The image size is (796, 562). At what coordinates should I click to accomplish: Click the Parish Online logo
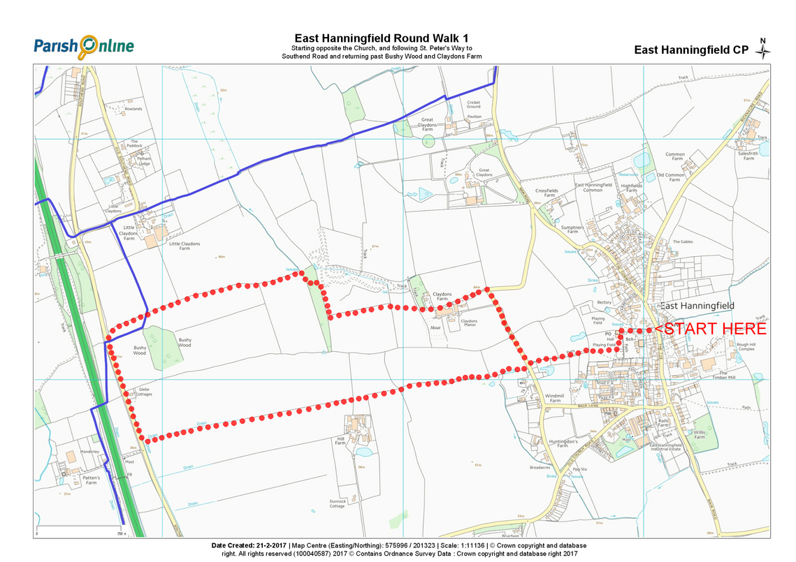click(x=83, y=46)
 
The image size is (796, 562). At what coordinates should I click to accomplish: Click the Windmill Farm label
click(x=553, y=398)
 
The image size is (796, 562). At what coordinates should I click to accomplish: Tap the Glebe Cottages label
click(x=145, y=392)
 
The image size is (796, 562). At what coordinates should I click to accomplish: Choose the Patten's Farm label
click(x=92, y=480)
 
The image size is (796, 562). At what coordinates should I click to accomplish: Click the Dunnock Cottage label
click(x=338, y=503)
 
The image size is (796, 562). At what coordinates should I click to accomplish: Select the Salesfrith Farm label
click(x=748, y=156)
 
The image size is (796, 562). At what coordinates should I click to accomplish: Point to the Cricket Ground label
click(x=474, y=105)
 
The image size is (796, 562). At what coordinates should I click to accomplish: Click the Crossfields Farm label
click(x=547, y=193)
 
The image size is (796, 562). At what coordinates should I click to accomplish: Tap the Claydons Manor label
click(x=468, y=323)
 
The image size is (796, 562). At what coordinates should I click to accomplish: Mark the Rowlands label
click(x=133, y=109)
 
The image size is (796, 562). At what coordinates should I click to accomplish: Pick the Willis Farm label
click(x=699, y=435)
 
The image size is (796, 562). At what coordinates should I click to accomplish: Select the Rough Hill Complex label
click(x=746, y=346)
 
